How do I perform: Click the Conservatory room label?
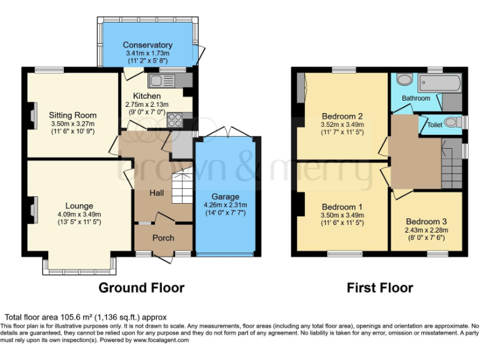tap(147, 45)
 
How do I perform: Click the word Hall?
tap(156, 193)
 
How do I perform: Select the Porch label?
tap(163, 237)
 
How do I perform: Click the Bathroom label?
tap(416, 98)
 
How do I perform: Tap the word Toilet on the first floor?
tap(434, 125)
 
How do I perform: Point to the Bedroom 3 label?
tap(426, 221)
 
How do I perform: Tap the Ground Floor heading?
tap(141, 287)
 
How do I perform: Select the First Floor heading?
tap(380, 287)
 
